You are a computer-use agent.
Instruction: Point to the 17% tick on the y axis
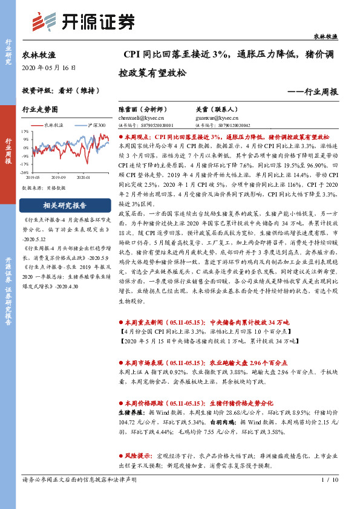point(25,131)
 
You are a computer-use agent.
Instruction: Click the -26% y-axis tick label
point(25,172)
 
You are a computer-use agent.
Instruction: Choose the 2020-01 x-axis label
point(84,177)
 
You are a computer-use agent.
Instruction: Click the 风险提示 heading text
point(140,468)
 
